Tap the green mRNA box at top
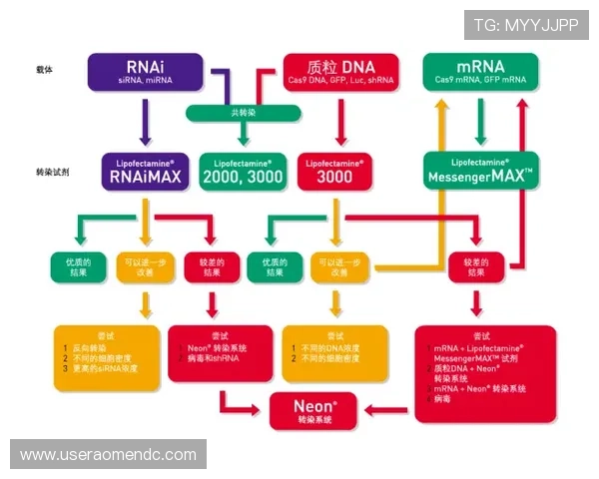coord(480,71)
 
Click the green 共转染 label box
coord(242,113)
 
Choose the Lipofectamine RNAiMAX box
coord(146,171)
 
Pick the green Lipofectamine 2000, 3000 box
coord(243,171)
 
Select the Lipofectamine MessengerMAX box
coord(481,171)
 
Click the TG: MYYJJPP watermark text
coord(527,25)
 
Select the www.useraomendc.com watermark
coord(108,454)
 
